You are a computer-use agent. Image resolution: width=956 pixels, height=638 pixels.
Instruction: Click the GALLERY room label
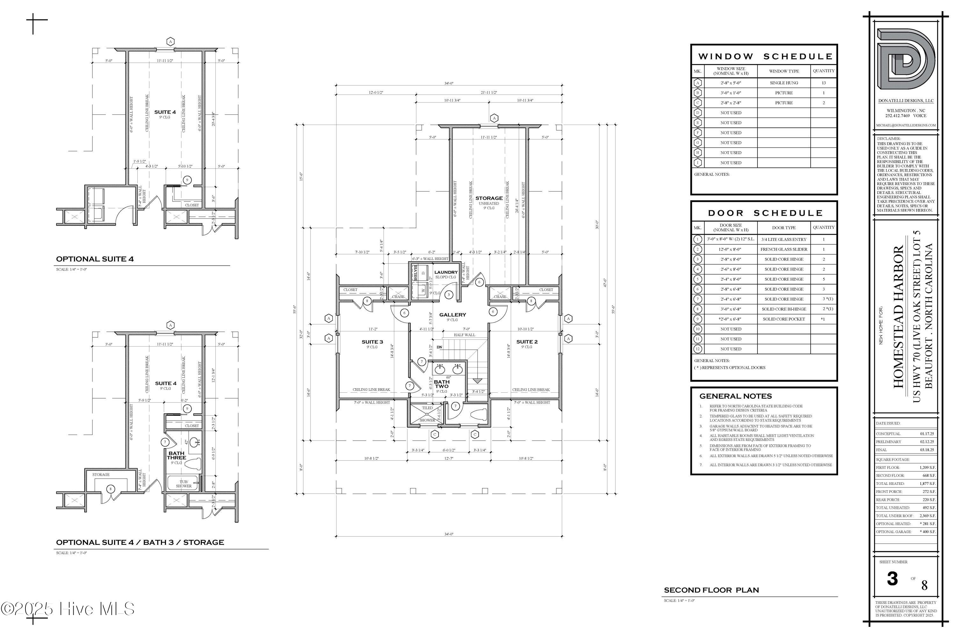[453, 315]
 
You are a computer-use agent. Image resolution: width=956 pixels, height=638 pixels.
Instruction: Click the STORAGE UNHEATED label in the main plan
[489, 201]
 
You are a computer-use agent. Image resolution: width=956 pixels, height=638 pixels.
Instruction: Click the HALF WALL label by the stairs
[464, 335]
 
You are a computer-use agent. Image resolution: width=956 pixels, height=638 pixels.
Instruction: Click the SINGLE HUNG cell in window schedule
[784, 83]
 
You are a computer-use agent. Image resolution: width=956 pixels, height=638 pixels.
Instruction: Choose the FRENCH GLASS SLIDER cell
[784, 249]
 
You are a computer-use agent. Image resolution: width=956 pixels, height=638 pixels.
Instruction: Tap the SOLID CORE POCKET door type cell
[784, 319]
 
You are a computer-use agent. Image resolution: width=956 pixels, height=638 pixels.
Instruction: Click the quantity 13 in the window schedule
[823, 83]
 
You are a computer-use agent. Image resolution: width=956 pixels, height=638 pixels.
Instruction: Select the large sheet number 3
[892, 579]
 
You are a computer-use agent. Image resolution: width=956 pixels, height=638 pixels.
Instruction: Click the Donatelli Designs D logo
[906, 59]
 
